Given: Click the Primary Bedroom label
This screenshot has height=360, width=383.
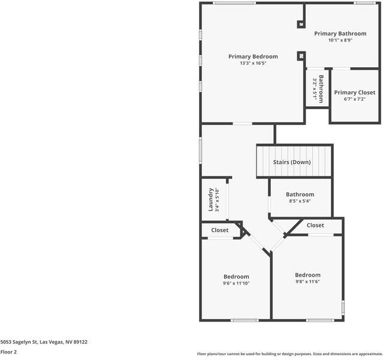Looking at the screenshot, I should [253, 56].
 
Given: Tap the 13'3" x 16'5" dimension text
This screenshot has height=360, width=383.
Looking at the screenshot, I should [253, 63].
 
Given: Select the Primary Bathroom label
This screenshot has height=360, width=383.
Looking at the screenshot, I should [340, 34].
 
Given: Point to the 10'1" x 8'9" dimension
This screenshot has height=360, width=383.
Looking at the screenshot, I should [340, 40].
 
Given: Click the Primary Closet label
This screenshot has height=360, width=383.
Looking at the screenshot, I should [355, 92].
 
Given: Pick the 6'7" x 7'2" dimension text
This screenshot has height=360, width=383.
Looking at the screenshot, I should [355, 99].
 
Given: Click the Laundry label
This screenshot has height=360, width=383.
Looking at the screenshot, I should [211, 199].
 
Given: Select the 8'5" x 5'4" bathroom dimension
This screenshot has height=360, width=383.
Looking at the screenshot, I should [300, 201].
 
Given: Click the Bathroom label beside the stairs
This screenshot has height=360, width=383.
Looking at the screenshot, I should [300, 194].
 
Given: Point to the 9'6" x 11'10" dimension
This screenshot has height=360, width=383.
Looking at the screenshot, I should [236, 283].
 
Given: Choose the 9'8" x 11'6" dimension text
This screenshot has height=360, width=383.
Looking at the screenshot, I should [307, 281].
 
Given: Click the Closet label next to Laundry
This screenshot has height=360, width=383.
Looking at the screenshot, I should [219, 230].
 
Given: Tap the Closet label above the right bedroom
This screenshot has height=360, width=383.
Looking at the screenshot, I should [315, 226].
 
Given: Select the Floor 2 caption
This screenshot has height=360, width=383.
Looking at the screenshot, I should [8, 352].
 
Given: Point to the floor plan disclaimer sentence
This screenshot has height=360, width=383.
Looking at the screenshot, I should [289, 354].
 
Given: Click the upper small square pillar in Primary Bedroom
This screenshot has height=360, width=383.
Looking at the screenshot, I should [301, 25].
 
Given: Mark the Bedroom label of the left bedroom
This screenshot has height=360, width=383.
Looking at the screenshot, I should [236, 276].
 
